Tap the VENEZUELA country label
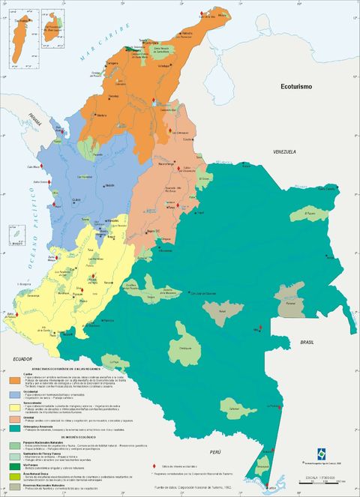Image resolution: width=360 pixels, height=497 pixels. click(283, 152)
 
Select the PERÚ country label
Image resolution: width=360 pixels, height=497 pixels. click(216, 452)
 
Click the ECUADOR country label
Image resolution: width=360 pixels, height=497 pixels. click(22, 359)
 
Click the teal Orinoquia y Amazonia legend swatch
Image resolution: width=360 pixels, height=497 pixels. click(14, 428)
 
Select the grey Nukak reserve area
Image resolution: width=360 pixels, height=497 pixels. click(222, 310)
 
